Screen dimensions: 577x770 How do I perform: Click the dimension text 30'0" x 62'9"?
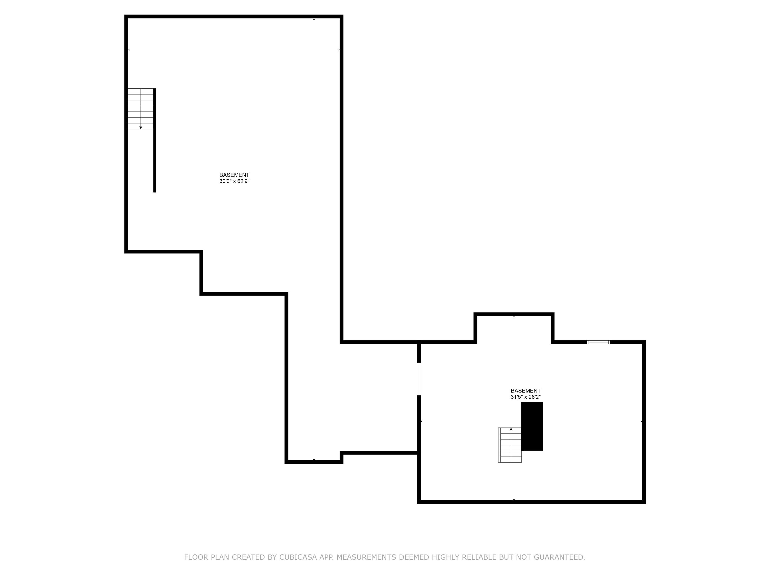tap(234, 181)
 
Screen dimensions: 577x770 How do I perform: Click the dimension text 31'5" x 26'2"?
tap(526, 397)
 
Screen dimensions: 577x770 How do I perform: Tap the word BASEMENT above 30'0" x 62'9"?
tap(234, 175)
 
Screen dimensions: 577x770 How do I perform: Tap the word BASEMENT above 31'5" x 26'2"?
tap(526, 391)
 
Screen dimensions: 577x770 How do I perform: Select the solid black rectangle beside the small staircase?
tap(532, 426)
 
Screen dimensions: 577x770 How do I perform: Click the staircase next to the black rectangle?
tap(510, 445)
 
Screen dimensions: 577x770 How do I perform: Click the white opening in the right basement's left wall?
tap(419, 379)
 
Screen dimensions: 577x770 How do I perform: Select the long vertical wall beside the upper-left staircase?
tap(155, 140)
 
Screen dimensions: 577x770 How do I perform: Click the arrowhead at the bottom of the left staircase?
tap(141, 128)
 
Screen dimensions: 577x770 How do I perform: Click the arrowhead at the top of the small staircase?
tap(511, 429)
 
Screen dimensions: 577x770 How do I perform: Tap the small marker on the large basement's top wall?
tap(314, 19)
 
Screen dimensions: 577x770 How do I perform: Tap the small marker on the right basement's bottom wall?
tap(514, 499)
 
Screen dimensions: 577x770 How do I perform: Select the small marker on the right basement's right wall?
tap(641, 421)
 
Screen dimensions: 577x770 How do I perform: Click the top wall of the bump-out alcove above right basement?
tap(514, 314)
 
